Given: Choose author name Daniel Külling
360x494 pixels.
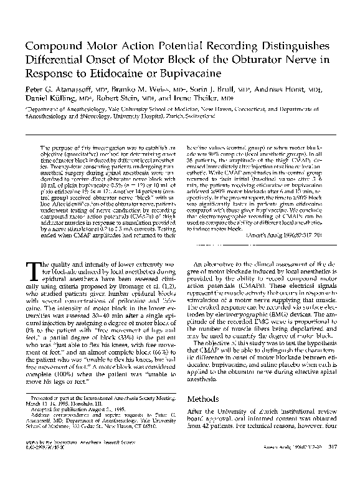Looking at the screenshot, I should coord(50,98).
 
